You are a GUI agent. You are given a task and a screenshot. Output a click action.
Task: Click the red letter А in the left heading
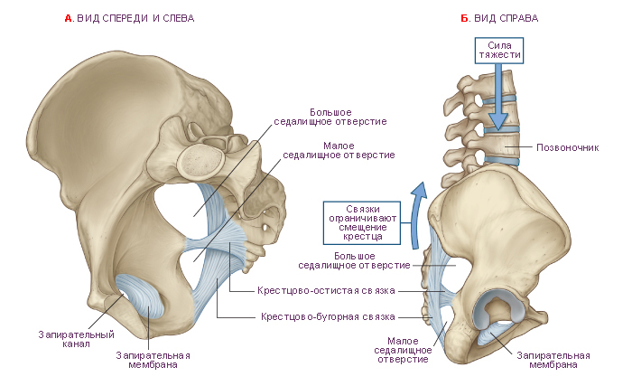coord(68,18)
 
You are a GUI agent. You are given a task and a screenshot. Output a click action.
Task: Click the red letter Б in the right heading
coord(464,18)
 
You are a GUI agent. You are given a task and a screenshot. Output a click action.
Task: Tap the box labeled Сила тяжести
coord(499,51)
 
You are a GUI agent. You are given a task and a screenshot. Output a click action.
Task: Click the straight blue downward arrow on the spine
coord(498,97)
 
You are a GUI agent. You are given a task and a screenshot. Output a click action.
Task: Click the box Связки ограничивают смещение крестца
coord(362,223)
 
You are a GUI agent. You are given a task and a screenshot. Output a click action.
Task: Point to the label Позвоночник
coord(567,147)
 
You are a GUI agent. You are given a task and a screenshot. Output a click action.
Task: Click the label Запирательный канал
coord(76,339)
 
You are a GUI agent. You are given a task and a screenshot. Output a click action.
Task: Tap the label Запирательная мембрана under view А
coord(153,360)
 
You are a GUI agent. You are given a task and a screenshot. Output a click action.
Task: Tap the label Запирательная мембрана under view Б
coord(553,360)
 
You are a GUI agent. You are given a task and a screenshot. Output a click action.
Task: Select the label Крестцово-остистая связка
coord(326,291)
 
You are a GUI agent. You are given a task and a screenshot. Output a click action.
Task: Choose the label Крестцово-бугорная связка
coord(328,316)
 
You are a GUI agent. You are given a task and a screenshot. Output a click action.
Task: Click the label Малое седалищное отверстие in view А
coord(339,150)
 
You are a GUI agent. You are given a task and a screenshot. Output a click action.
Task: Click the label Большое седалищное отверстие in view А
coord(330,117)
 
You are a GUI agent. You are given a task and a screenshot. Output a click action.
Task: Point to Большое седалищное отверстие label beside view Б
coord(354,260)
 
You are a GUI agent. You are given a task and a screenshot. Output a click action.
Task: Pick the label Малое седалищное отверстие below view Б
coord(403,350)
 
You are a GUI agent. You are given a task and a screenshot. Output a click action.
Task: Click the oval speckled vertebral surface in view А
coord(201,162)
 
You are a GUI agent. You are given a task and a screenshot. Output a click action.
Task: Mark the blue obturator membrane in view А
coord(140,295)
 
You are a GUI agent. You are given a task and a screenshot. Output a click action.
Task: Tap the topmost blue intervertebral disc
coord(499,99)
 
